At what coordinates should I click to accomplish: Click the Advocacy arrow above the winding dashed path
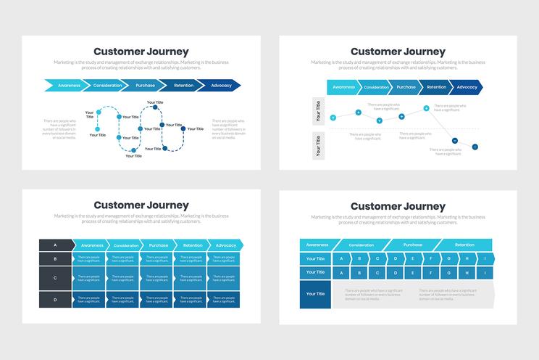coord(222,86)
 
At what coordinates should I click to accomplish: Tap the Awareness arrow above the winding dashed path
coord(70,86)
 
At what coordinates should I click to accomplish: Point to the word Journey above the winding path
coord(164,52)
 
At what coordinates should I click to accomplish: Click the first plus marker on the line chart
coord(333,118)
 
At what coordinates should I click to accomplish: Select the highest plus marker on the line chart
coord(425,107)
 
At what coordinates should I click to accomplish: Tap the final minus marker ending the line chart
coord(475,146)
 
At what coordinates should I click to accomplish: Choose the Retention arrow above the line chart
coord(436,87)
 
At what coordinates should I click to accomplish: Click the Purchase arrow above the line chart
coord(406,87)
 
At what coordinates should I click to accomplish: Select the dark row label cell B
coord(56,258)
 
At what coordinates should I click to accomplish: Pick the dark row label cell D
coord(56,299)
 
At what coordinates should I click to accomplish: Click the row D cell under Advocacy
coord(225,299)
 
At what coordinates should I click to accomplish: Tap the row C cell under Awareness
coord(89,278)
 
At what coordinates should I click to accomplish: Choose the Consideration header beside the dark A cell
coord(126,245)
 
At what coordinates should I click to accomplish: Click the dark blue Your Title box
coord(316,294)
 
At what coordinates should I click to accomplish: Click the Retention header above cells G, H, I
coord(464,245)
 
